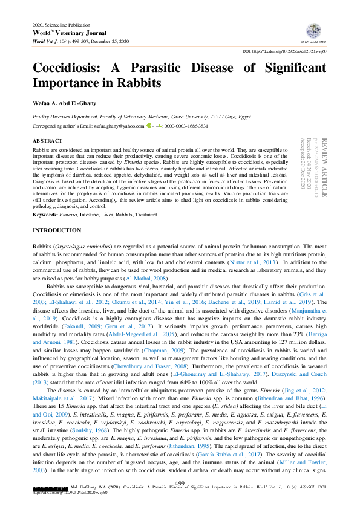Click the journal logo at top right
pos(314,31)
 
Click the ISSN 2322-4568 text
pos(315,42)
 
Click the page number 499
pos(179,482)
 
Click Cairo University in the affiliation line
pos(206,115)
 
